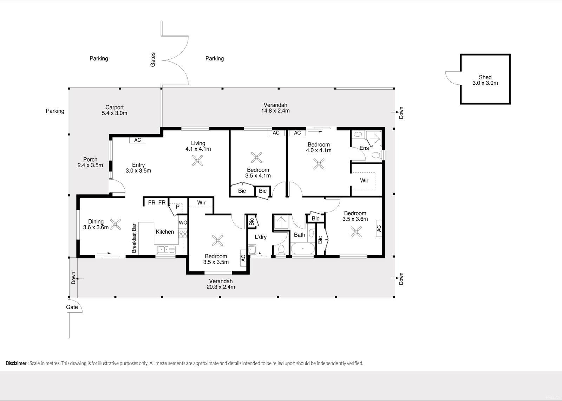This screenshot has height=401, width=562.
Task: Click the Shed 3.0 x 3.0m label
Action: coord(485,80)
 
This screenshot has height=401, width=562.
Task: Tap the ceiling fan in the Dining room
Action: coord(115,224)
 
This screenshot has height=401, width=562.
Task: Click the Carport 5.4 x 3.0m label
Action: coord(115,110)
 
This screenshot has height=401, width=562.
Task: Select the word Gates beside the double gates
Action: coord(153,60)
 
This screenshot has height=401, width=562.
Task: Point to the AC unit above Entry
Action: coord(138,140)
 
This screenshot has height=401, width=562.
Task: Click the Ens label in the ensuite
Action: coord(364,148)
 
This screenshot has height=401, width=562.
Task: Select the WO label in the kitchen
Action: coord(183,223)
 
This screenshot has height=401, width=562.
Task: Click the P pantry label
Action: coord(178,207)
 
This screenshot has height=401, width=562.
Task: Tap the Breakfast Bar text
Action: coord(134,238)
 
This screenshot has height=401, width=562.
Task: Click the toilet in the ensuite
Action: coord(376,155)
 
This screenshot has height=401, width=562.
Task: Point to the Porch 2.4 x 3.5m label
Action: coord(90,162)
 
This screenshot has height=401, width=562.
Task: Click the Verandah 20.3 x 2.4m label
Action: coord(221,284)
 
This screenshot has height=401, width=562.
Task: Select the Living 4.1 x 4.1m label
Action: coord(198,146)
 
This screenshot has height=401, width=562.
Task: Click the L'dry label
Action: coord(261,237)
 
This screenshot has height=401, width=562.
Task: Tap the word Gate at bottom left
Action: coord(72,307)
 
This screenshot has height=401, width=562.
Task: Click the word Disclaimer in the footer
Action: coord(16,363)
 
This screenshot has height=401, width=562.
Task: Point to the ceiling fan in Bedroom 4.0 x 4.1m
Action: coord(319,164)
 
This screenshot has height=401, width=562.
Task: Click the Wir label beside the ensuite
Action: coord(364,181)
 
